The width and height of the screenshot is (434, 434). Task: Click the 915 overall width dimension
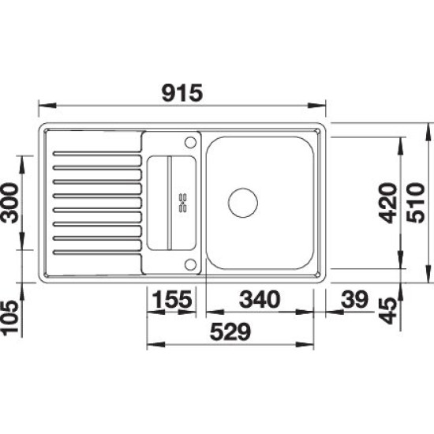[182, 93]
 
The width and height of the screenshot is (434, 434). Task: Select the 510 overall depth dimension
[415, 203]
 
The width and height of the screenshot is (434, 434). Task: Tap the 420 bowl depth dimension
[387, 203]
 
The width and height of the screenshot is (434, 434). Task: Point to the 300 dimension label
[9, 203]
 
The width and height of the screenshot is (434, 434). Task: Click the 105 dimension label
[9, 318]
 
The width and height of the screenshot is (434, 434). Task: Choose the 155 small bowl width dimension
[172, 299]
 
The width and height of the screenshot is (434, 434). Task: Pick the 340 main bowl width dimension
[260, 299]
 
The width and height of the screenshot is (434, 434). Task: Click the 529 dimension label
[230, 331]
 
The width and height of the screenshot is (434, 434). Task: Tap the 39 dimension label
[354, 299]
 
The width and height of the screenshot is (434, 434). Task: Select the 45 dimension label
[387, 311]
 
